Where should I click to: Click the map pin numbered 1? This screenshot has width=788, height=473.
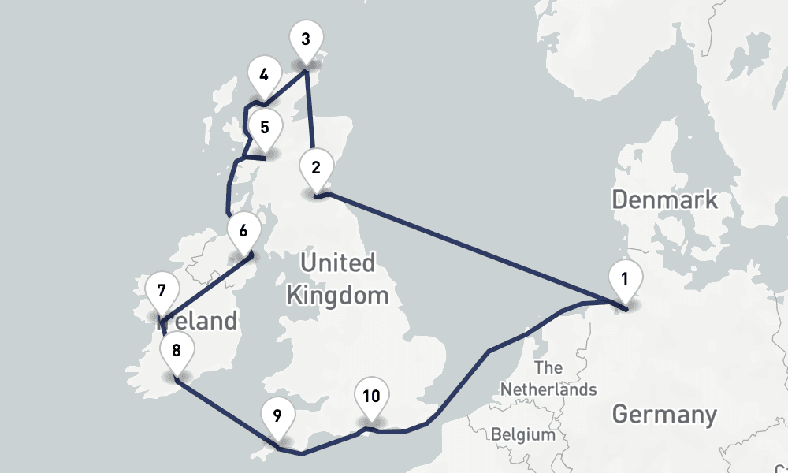click(625, 279)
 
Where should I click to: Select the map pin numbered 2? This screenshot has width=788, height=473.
click(316, 168)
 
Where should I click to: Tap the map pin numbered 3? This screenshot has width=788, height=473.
click(306, 39)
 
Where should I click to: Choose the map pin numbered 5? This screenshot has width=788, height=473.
click(265, 127)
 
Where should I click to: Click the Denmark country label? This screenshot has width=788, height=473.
click(665, 199)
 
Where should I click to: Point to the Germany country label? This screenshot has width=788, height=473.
click(664, 414)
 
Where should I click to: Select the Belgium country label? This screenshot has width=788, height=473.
click(522, 434)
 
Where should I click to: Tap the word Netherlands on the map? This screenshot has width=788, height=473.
click(548, 389)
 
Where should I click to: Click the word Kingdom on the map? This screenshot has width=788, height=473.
click(337, 296)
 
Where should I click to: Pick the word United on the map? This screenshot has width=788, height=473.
click(337, 263)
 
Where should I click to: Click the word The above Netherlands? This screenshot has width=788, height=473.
click(548, 368)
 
